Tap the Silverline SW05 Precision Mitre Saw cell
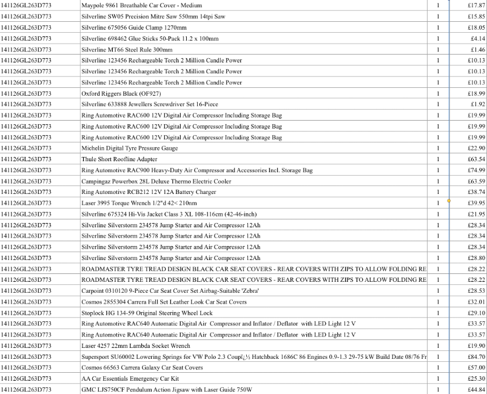click(153, 16)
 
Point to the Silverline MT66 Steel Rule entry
click(127, 49)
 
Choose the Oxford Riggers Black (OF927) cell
click(121, 93)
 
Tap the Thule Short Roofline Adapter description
click(119, 159)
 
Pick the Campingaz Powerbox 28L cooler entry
click(156, 181)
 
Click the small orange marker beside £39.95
click(449, 200)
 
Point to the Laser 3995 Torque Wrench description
click(139, 203)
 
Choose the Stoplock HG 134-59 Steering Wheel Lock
click(147, 313)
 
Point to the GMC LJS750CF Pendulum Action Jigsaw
click(166, 389)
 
